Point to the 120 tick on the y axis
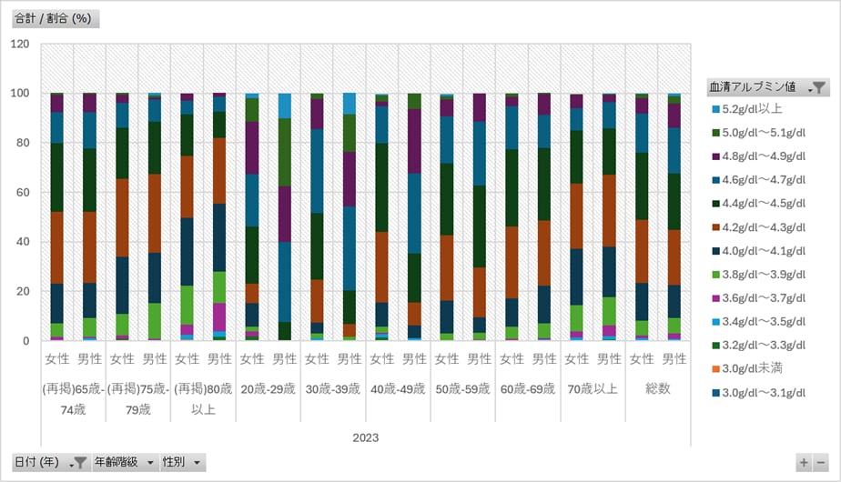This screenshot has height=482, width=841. click(x=20, y=44)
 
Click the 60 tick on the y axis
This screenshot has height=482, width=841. click(x=23, y=193)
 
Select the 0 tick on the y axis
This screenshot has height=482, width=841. click(x=25, y=341)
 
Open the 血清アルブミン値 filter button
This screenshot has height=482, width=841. click(x=768, y=87)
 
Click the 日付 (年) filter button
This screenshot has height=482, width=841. click(x=50, y=462)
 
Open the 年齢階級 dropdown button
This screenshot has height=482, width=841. click(x=125, y=462)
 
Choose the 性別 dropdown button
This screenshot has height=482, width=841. click(x=182, y=462)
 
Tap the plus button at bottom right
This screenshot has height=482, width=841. click(x=804, y=463)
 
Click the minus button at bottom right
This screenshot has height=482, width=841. click(x=821, y=463)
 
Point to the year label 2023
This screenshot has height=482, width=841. click(x=366, y=438)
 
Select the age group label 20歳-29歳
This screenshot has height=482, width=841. click(x=269, y=389)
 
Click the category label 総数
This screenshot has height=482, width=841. click(x=658, y=388)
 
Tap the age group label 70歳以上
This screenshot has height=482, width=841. click(x=593, y=389)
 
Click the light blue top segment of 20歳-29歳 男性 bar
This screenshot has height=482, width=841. click(x=285, y=106)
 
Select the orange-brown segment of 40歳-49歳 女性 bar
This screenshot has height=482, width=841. click(x=382, y=267)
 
